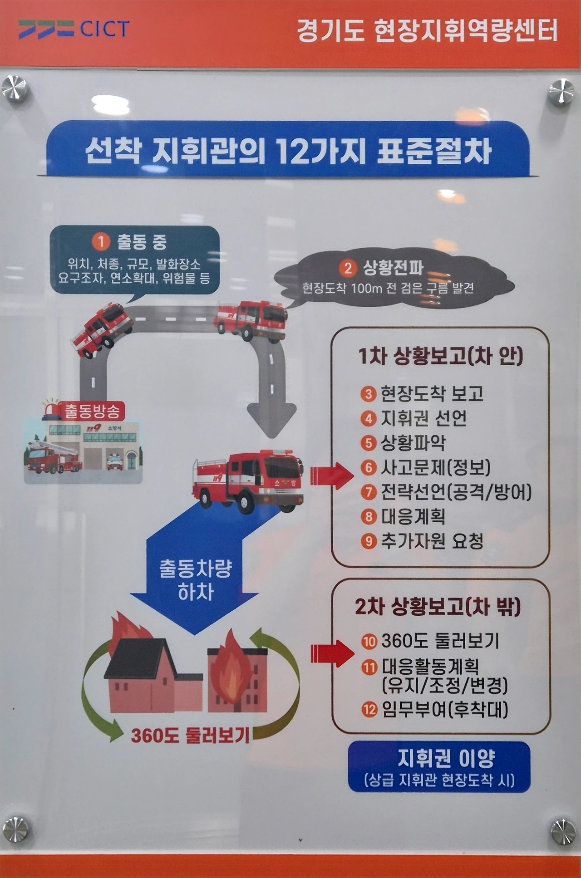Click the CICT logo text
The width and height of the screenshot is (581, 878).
click(105, 29)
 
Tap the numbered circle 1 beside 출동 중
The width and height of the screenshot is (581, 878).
click(101, 241)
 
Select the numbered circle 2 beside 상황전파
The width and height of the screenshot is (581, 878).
click(348, 268)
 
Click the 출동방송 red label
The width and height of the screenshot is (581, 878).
click(93, 411)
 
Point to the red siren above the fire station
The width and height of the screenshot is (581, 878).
click(51, 409)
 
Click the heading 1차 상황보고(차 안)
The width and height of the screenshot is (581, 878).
click(440, 356)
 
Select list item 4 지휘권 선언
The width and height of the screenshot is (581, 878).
click(414, 418)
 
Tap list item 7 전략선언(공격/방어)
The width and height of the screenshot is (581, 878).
click(446, 492)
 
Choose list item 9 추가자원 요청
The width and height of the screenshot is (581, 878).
click(422, 541)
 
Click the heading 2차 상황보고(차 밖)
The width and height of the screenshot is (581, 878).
click(438, 607)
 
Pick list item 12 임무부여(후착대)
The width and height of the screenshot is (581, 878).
click(435, 709)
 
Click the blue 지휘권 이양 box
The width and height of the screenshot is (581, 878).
click(439, 767)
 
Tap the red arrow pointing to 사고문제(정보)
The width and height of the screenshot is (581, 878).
click(331, 476)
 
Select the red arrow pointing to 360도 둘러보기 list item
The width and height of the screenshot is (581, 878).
click(332, 653)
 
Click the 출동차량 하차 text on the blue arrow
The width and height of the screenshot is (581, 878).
click(196, 580)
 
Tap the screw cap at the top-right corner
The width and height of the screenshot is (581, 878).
click(561, 92)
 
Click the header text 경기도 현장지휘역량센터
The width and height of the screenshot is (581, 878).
click(427, 31)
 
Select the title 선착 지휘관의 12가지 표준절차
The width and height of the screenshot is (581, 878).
click(288, 150)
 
